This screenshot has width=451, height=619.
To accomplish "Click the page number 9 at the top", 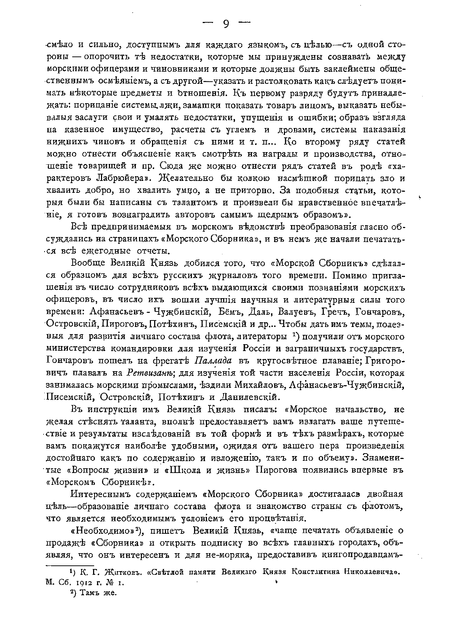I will pyautogui.click(x=226, y=24).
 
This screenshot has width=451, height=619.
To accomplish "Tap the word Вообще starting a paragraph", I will pyautogui.click(x=88, y=263).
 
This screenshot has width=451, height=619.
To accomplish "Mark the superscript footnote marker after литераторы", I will pyautogui.click(x=294, y=336).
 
